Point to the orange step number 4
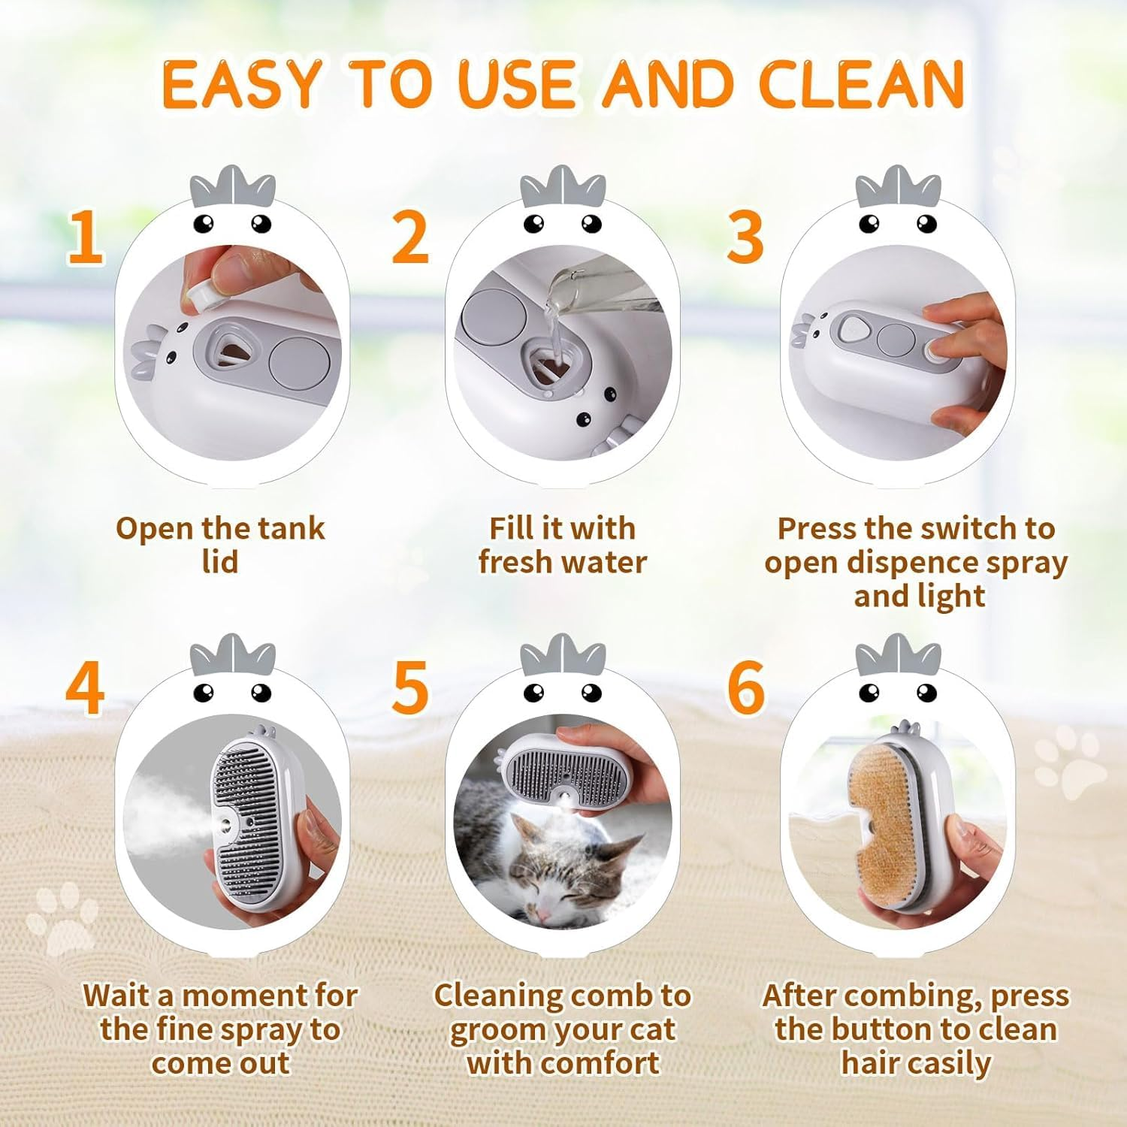tap(84, 689)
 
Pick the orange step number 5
tap(410, 689)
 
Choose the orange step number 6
tap(745, 689)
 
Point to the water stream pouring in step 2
tap(554, 331)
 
